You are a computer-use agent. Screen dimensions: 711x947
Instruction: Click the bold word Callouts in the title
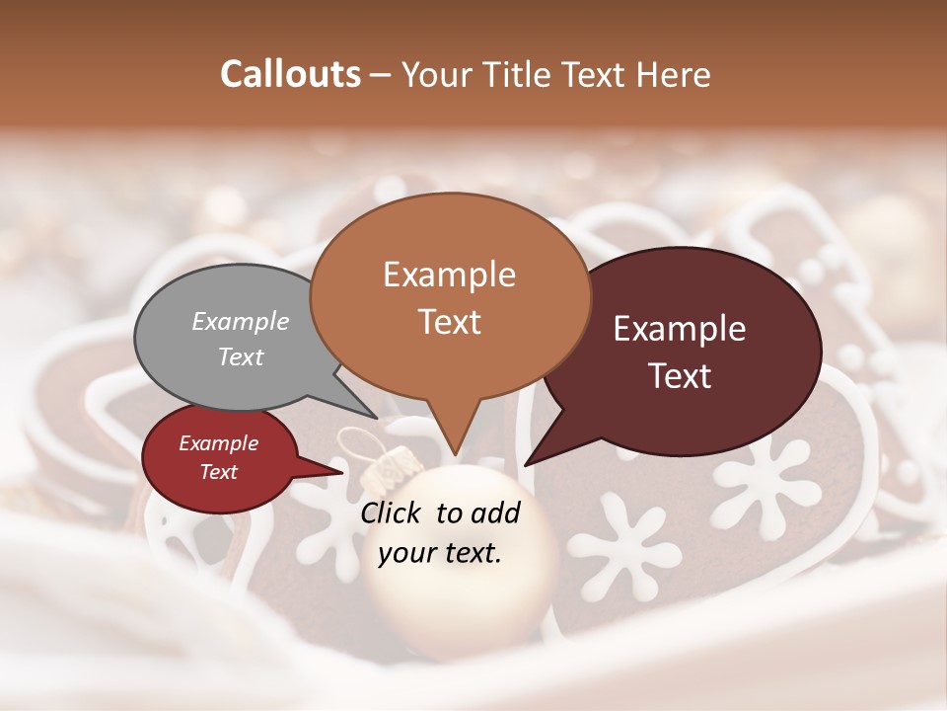tap(290, 74)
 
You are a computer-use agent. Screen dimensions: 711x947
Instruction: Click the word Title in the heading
tap(520, 74)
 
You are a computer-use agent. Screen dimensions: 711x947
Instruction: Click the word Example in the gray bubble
tap(241, 321)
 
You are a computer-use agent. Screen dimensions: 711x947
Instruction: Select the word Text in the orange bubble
tap(450, 322)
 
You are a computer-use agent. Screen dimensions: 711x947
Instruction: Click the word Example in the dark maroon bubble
tap(680, 329)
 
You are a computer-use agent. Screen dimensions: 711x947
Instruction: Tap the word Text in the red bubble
tap(219, 472)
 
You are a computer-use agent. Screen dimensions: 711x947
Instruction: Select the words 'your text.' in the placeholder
tap(440, 553)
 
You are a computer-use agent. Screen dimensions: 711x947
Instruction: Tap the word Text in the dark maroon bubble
tap(681, 376)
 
